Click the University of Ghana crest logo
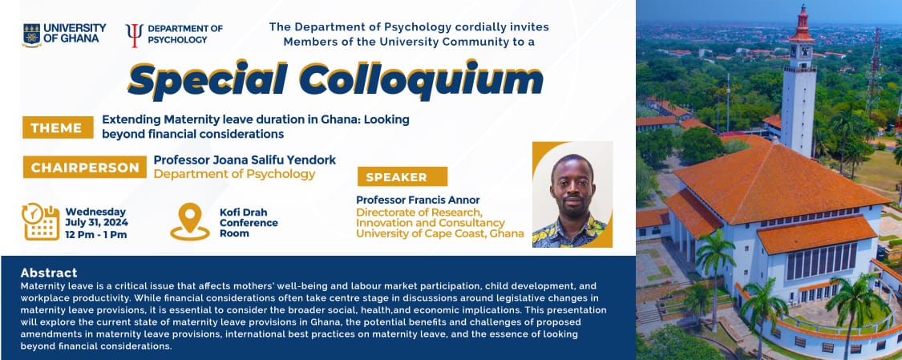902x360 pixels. [31, 35]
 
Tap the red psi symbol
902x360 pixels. [135, 35]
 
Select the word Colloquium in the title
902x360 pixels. [421, 79]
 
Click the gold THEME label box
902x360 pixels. [58, 127]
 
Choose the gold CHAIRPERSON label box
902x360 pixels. [84, 168]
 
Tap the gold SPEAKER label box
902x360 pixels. [402, 176]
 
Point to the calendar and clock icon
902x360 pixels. [41, 221]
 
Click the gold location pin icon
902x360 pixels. [190, 221]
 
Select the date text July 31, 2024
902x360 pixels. [97, 223]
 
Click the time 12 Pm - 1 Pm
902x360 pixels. [96, 235]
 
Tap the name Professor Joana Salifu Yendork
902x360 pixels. [245, 160]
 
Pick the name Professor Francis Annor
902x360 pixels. [418, 200]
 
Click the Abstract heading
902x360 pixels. [49, 273]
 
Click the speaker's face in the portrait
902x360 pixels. [572, 184]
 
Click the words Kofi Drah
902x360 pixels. [243, 212]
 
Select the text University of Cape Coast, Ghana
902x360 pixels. [440, 233]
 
